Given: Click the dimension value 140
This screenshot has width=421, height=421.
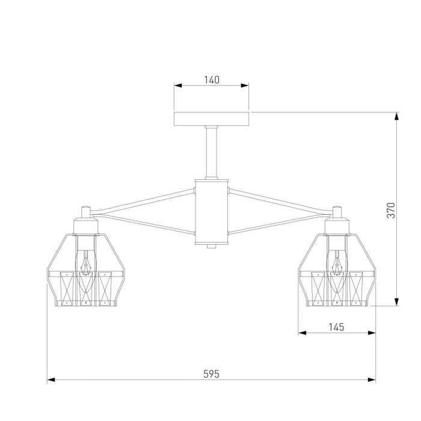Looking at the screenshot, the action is (212, 80).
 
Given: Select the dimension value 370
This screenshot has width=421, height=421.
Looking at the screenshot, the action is (391, 210).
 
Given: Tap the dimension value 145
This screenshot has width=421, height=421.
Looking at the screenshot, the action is (336, 327).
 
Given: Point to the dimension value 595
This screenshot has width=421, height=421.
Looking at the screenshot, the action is (211, 373).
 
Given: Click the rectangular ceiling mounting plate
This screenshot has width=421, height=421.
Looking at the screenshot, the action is (211, 119).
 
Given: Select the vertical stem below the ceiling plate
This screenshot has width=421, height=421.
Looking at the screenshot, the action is (211, 152).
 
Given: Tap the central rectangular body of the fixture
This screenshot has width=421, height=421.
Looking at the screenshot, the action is (211, 212).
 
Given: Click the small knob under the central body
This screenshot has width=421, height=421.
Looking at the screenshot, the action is (211, 246).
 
